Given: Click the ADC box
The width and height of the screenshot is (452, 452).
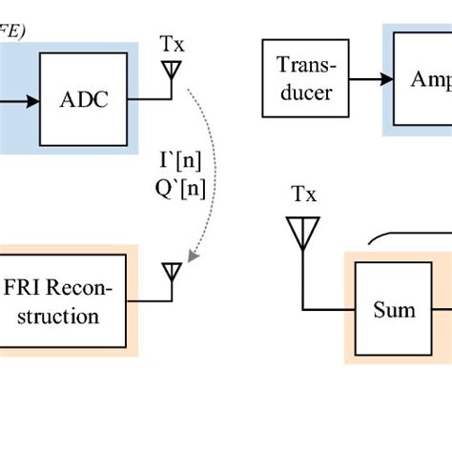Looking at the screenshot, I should click(x=83, y=98).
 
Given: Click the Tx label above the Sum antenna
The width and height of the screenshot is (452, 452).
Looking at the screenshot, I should click(x=303, y=196).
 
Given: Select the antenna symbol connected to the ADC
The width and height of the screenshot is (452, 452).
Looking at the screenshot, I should click(x=172, y=72).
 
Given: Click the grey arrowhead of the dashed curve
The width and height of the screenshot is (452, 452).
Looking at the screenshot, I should click(x=193, y=256).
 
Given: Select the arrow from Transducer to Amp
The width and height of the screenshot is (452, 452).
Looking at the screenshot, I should click(x=367, y=79).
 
